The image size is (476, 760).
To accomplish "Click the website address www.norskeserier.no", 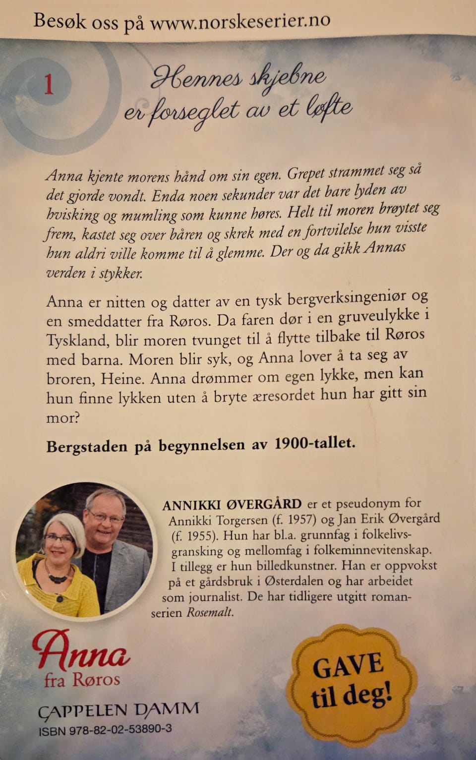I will (x=240, y=22).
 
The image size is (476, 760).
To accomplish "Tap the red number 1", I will (x=49, y=85).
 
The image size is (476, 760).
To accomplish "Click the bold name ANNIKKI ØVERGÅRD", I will (x=232, y=504).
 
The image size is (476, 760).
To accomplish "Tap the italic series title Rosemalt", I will (x=210, y=612).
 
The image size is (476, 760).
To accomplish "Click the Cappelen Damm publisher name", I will (x=119, y=710).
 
